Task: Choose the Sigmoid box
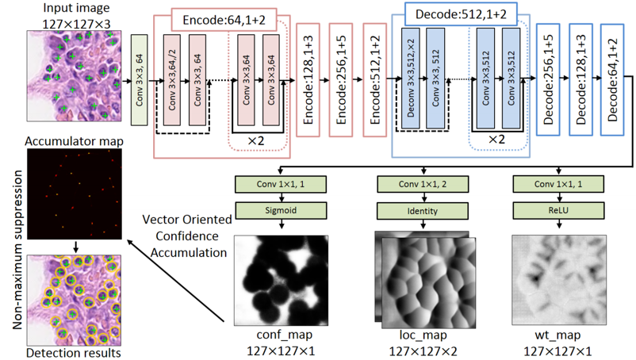click(x=281, y=211)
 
